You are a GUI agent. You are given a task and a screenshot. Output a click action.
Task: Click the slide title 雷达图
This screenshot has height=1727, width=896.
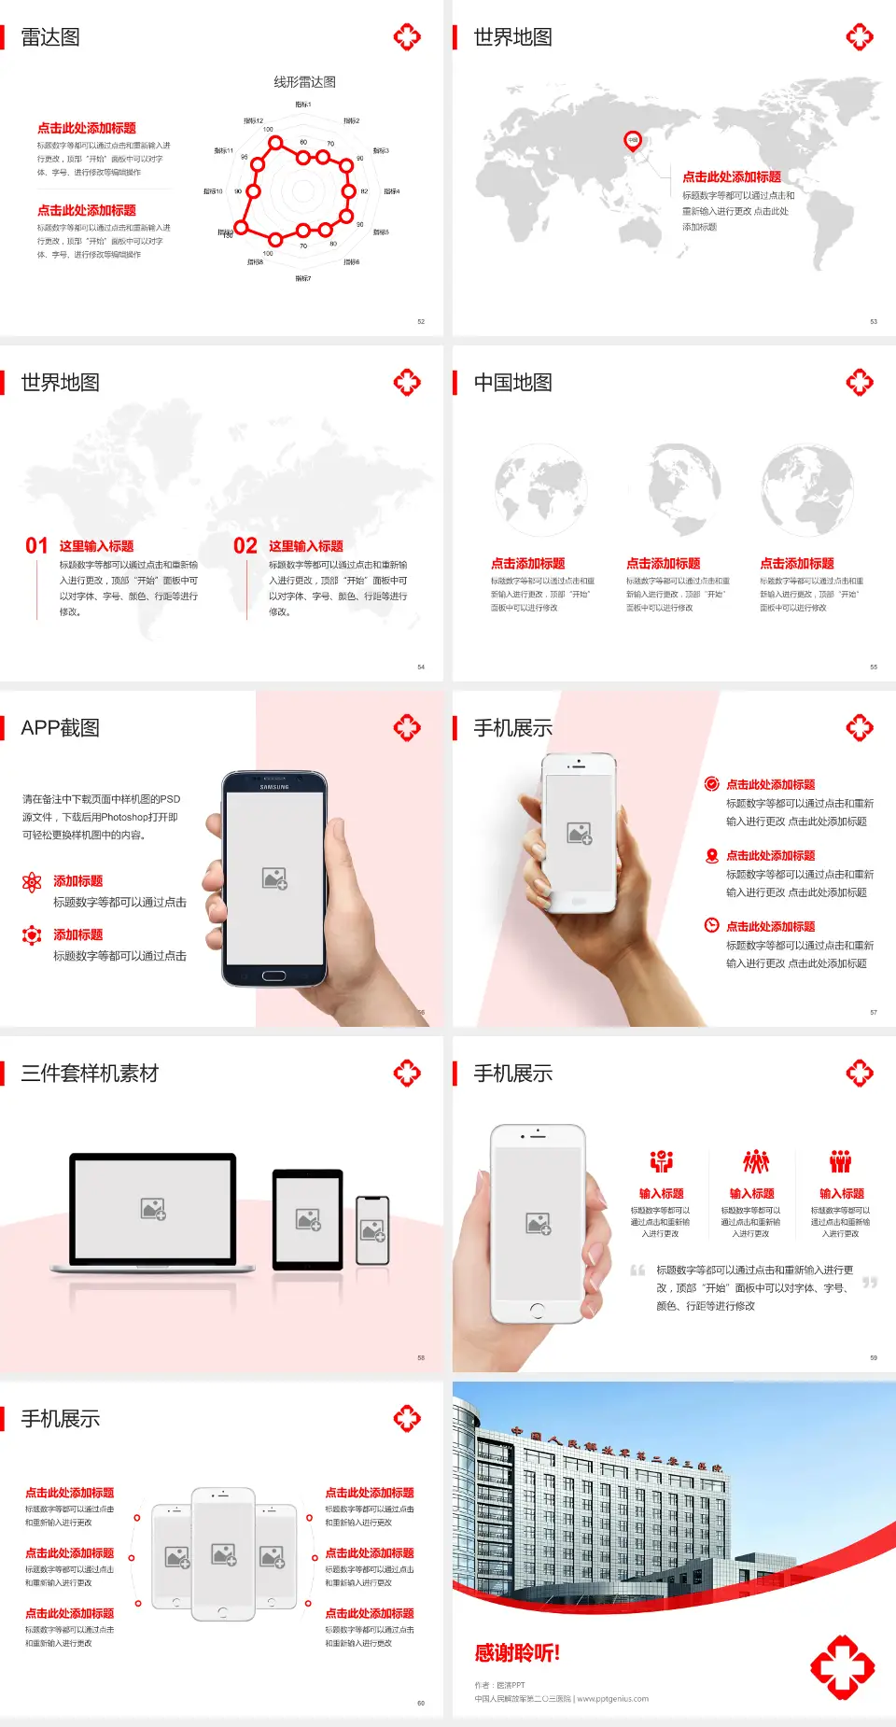(50, 37)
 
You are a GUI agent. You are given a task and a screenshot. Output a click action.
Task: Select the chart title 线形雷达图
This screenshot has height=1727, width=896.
(304, 82)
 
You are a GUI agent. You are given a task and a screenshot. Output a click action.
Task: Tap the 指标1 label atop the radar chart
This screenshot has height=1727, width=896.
(303, 105)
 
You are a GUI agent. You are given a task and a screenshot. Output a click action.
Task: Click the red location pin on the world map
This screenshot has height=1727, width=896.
(633, 141)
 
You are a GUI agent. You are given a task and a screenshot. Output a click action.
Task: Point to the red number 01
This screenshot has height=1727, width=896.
(36, 546)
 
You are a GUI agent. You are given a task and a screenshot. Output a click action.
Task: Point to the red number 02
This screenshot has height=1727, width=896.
(245, 546)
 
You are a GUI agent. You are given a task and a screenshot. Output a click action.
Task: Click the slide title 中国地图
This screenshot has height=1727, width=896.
(512, 383)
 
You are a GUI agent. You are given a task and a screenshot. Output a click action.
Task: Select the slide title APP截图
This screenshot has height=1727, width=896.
(61, 728)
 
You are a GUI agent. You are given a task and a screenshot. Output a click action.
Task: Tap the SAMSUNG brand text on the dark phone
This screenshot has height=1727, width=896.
(274, 787)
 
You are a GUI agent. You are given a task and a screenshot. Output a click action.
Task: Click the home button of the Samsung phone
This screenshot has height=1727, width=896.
(273, 976)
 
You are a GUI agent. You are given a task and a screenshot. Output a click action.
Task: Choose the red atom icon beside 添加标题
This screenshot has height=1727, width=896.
(32, 882)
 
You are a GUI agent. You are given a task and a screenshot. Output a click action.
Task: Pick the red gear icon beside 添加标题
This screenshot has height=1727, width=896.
(32, 935)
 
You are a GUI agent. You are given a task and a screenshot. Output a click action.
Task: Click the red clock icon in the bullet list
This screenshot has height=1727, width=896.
(711, 925)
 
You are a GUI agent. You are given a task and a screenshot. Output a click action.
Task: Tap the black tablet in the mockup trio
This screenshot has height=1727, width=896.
(308, 1218)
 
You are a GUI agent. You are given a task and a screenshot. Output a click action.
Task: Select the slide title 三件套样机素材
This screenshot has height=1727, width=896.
(90, 1074)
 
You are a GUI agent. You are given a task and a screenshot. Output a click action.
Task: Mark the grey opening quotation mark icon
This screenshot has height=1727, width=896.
(637, 1271)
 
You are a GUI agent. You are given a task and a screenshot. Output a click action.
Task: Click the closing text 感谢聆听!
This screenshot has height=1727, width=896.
(517, 1653)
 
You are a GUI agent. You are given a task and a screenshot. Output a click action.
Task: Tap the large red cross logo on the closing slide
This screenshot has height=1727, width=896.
(842, 1666)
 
